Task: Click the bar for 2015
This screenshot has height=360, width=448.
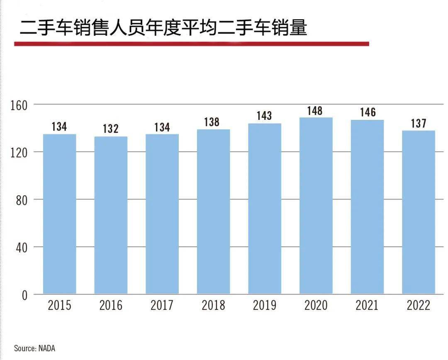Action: click(60, 214)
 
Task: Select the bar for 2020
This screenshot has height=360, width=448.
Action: click(316, 205)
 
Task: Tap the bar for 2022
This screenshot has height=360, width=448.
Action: click(419, 212)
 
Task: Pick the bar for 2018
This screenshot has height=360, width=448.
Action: click(213, 212)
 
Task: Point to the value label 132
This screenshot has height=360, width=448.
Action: click(111, 129)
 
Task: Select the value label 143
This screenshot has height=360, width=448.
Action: click(264, 116)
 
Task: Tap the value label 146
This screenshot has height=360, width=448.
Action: click(367, 112)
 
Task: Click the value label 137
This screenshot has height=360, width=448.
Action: click(418, 123)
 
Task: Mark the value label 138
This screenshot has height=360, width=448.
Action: click(213, 122)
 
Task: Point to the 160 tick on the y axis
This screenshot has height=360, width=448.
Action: click(19, 105)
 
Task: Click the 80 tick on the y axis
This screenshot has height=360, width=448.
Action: click(22, 200)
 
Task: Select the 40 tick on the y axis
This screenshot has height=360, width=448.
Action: click(22, 248)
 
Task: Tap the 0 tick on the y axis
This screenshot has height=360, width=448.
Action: click(24, 295)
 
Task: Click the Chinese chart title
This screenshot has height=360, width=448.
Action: click(164, 28)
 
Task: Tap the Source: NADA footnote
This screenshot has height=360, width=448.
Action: click(34, 348)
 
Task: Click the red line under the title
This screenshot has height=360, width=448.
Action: click(191, 44)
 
